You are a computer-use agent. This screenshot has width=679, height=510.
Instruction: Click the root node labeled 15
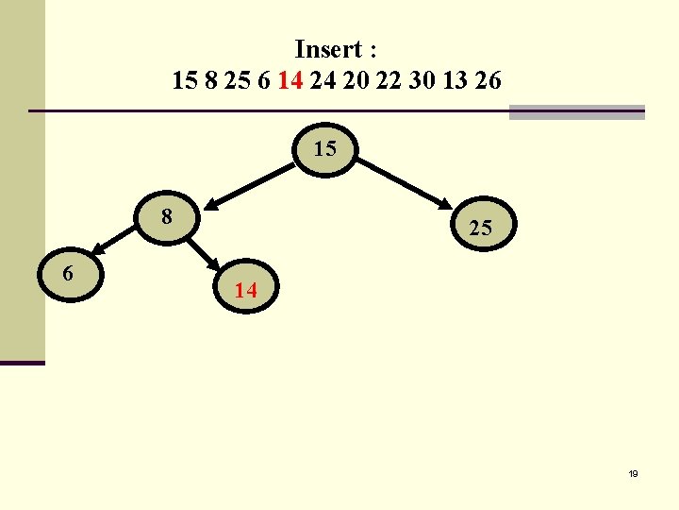click(325, 149)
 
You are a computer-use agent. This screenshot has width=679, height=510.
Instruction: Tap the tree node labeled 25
click(480, 228)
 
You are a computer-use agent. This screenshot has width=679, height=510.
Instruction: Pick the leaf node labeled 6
click(69, 275)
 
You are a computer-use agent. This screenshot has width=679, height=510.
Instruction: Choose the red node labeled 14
click(245, 291)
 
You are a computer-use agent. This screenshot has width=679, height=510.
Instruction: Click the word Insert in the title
click(328, 49)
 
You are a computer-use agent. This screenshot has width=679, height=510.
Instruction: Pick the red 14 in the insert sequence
click(290, 81)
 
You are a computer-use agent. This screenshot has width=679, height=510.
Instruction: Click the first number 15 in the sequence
click(185, 81)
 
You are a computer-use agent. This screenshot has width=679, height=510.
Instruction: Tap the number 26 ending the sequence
click(489, 81)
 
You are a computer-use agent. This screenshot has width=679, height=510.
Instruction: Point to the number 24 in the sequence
click(323, 81)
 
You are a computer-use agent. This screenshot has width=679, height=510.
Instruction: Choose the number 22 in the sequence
click(387, 81)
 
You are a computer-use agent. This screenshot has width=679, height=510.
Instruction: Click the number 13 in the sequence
click(454, 81)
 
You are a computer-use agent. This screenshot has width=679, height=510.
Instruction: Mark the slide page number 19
click(633, 474)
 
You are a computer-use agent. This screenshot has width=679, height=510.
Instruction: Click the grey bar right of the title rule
click(576, 111)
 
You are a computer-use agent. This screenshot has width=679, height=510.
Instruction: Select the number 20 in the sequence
click(355, 81)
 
